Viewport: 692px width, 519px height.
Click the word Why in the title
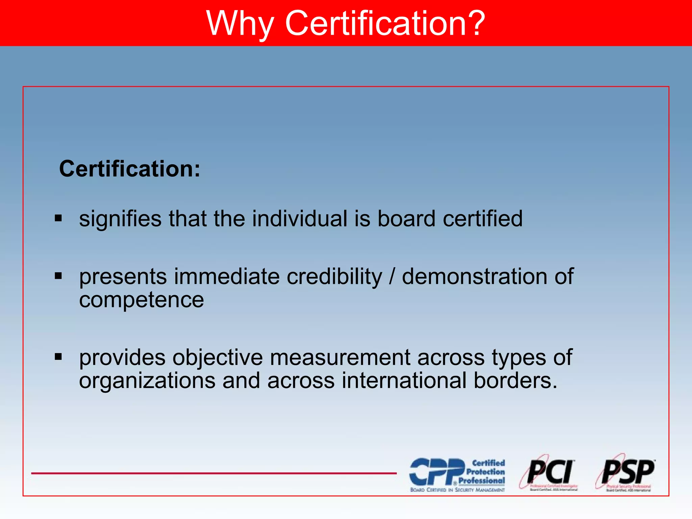240,23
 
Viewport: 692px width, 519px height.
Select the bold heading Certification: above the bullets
129,169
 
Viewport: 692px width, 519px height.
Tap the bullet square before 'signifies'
58,218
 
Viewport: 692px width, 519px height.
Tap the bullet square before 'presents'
58,276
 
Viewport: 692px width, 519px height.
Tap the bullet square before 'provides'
58,356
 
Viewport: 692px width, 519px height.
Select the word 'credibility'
334,276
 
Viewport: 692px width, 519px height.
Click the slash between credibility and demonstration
392,276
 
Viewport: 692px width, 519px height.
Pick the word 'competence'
141,300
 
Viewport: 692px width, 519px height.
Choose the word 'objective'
218,357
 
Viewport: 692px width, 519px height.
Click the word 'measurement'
340,357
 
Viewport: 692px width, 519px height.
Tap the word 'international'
404,380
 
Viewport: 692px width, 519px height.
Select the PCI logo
549,472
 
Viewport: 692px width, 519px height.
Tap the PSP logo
627,472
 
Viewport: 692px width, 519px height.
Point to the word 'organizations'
147,380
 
